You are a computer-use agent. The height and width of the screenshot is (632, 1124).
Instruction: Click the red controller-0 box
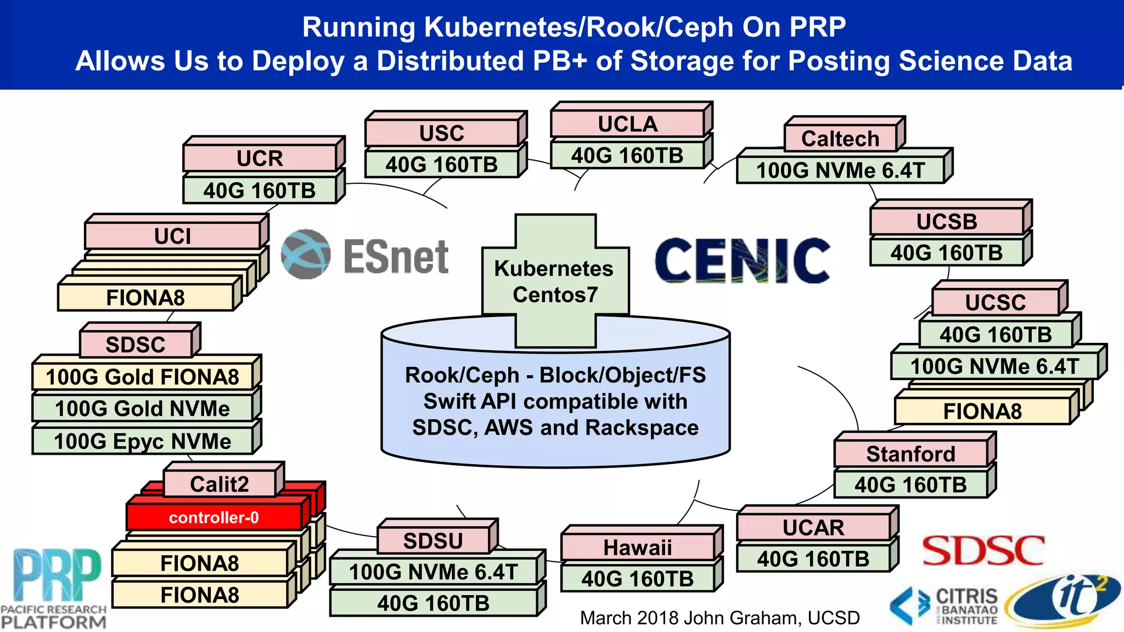tap(214, 517)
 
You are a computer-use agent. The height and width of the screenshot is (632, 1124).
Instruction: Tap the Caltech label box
tap(840, 138)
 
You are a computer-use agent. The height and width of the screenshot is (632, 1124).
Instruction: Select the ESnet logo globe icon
tap(306, 255)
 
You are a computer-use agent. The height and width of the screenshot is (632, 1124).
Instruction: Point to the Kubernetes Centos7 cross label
tap(555, 281)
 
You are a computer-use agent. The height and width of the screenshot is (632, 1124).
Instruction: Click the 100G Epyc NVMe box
tap(143, 441)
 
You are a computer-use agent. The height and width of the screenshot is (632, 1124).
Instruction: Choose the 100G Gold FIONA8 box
tap(143, 377)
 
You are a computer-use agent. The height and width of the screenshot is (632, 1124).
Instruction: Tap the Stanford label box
tap(911, 454)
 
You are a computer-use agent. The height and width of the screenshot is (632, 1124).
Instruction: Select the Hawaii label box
tap(638, 547)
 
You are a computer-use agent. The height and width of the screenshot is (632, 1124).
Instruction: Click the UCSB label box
tap(947, 222)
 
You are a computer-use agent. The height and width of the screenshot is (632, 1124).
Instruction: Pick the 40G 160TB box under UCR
tap(260, 190)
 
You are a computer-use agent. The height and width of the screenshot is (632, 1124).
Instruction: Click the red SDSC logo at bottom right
tap(983, 550)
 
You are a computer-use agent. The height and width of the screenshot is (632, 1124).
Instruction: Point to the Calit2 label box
tap(220, 484)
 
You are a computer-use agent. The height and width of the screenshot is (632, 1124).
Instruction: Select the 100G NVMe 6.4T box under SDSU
tap(434, 572)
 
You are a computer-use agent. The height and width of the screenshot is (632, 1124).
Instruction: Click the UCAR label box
tap(813, 527)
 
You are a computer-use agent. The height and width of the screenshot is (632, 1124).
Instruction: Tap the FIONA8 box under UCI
tap(145, 297)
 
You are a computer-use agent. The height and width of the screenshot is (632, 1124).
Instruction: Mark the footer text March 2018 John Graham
tap(720, 618)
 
